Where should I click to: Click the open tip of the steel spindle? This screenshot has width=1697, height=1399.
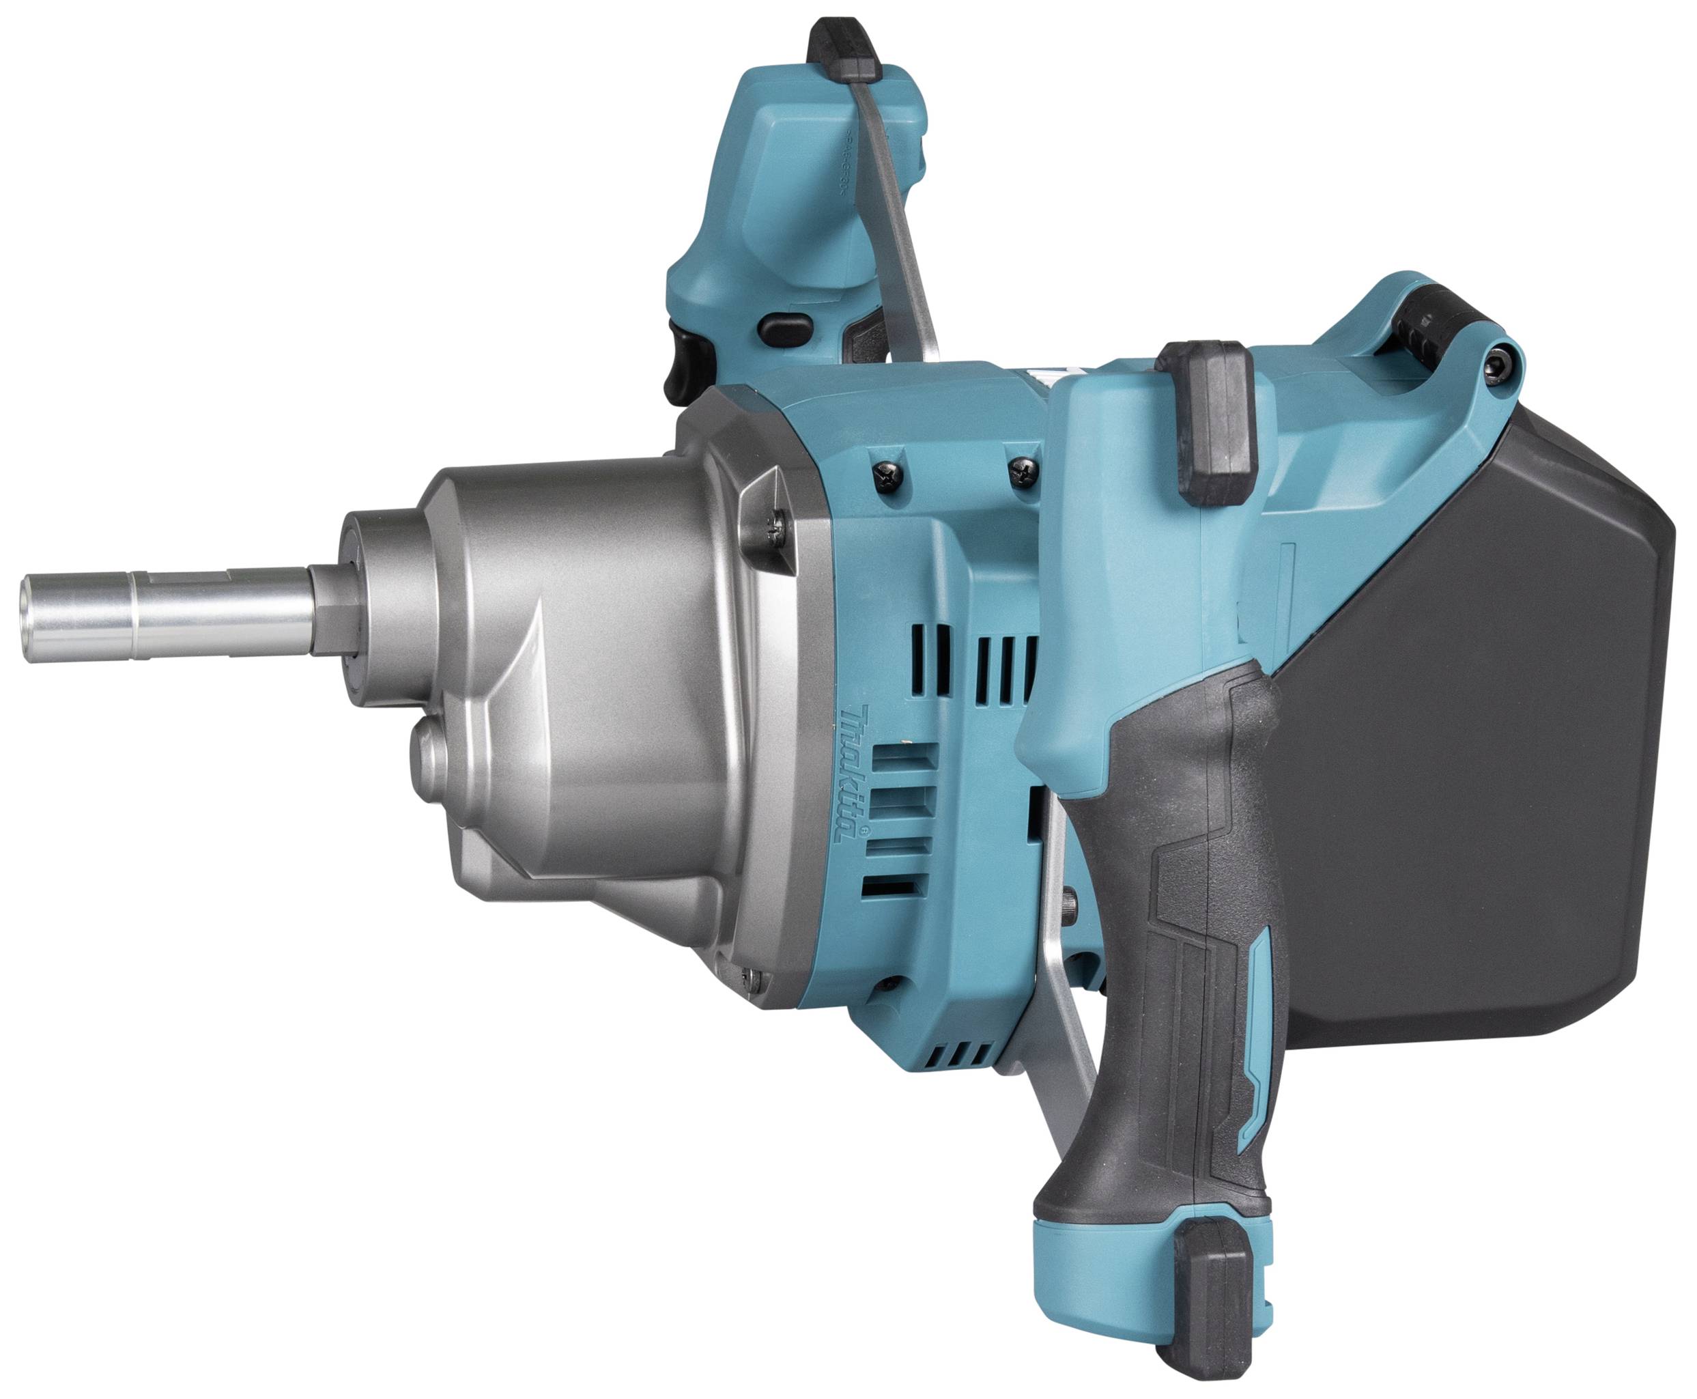[x=30, y=618]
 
